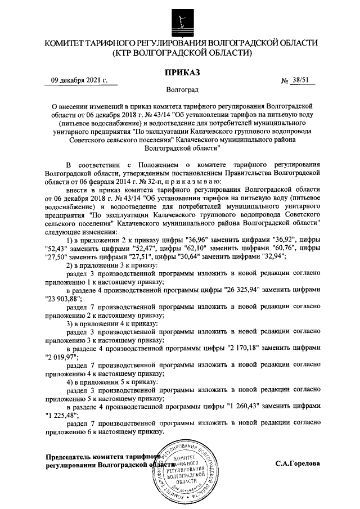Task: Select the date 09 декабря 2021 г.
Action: [79, 81]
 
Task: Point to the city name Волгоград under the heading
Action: [182, 89]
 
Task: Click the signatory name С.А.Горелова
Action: [298, 465]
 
